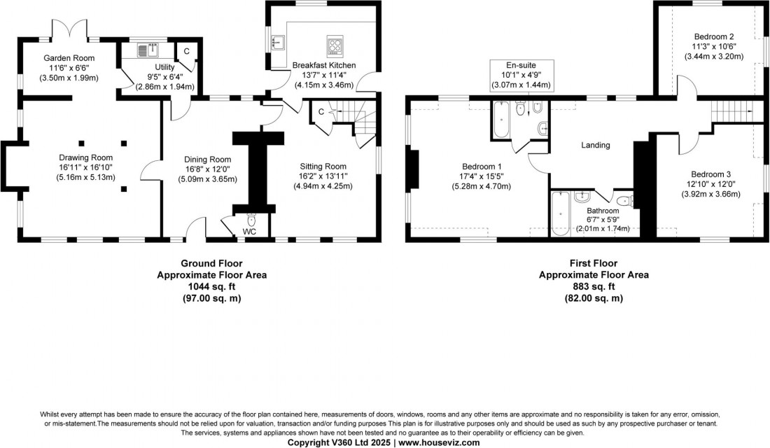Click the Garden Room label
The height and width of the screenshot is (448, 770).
click(69, 58)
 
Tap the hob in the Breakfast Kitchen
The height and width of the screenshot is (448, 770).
click(335, 46)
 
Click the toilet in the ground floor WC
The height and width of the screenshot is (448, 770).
click(251, 220)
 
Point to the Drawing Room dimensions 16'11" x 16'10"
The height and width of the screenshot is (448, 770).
click(85, 167)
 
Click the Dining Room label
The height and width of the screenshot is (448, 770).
click(203, 160)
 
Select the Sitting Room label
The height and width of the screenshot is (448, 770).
click(322, 166)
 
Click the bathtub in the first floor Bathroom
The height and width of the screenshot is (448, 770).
click(561, 213)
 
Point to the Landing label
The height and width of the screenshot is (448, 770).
click(596, 146)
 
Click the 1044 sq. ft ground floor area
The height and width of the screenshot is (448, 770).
click(211, 286)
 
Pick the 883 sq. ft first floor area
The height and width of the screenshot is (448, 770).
click(594, 286)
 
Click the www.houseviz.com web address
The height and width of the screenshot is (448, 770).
click(439, 442)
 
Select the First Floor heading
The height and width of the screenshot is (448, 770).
click(594, 263)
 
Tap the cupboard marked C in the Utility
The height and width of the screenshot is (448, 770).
click(185, 51)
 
